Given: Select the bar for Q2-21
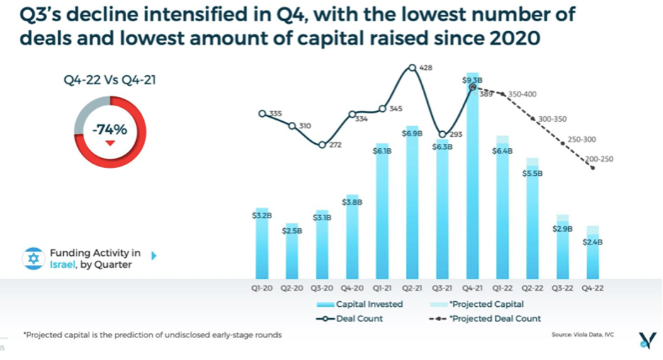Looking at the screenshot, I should (x=412, y=206).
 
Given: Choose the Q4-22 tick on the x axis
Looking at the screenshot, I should (x=592, y=289).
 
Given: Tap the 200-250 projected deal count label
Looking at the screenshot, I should (x=599, y=159).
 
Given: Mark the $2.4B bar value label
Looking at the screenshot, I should (x=592, y=241).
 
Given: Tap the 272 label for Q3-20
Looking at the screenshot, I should (x=335, y=145).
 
